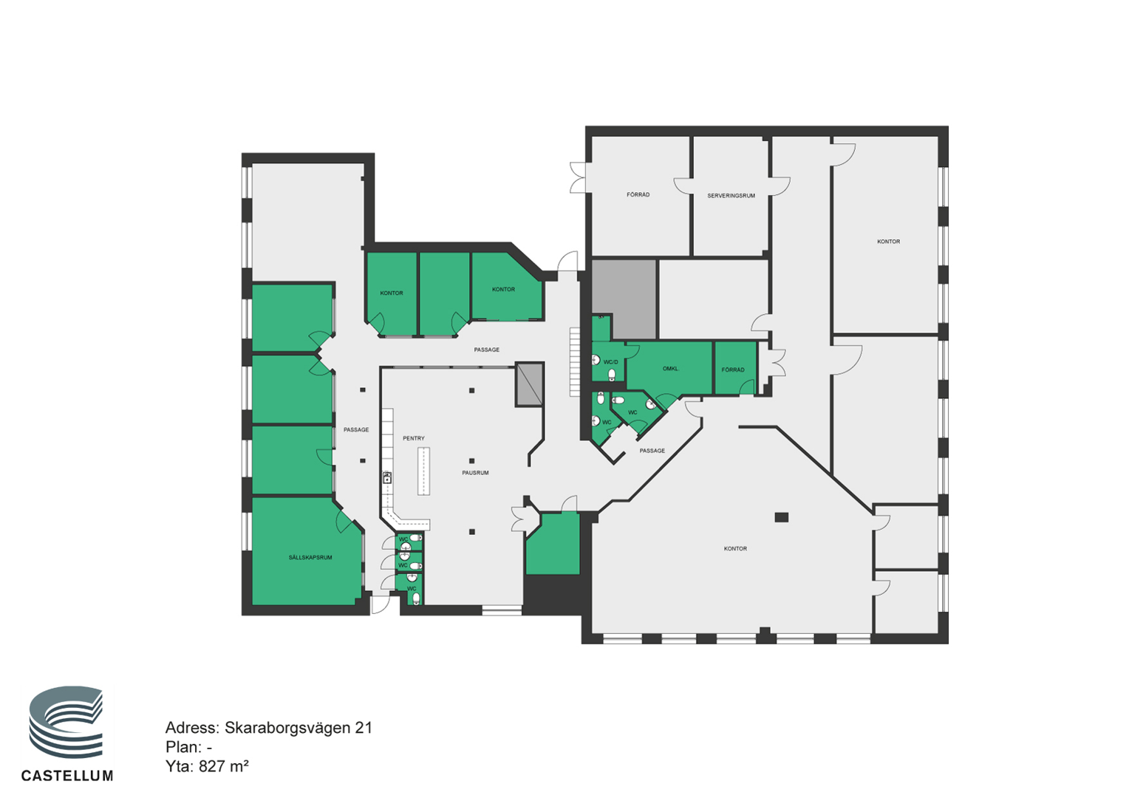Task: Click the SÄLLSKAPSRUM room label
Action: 310,558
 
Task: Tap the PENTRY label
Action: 413,439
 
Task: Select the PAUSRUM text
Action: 475,473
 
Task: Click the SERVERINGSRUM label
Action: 731,196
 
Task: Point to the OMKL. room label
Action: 671,369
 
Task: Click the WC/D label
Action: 610,362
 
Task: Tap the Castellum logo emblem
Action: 66,722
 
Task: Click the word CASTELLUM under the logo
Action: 67,776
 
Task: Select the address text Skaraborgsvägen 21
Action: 299,728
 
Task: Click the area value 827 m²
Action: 224,766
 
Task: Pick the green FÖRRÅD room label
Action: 733,370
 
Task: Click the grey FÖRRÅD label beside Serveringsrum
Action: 638,194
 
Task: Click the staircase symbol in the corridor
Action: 575,361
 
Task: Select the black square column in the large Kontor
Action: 781,517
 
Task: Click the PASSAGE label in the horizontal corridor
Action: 486,349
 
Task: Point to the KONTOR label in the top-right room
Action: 889,242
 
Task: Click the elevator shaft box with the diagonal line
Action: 529,384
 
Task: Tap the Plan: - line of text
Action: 188,747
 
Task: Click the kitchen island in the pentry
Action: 423,471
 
